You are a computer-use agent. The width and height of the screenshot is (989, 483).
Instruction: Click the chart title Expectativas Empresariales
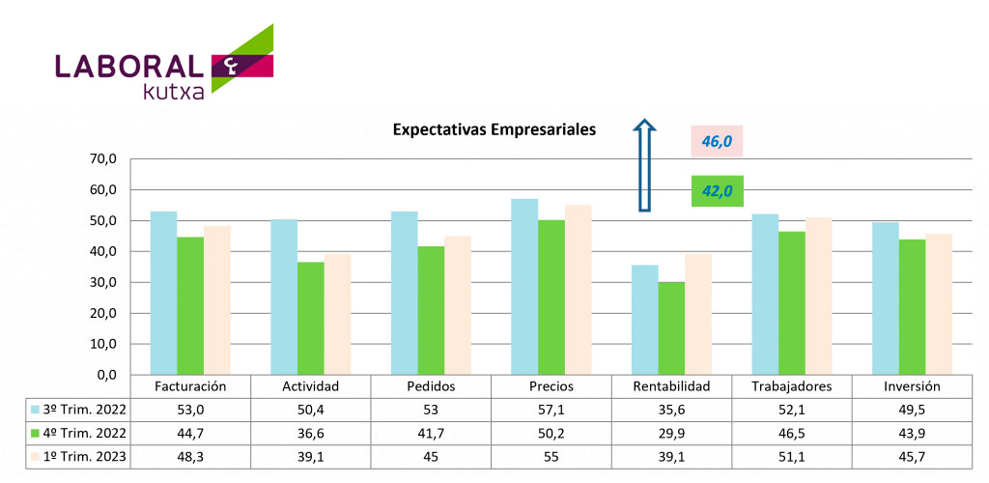tap(494, 129)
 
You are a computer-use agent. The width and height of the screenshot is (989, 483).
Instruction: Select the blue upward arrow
tap(645, 166)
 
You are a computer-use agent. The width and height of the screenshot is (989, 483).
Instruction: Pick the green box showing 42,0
tap(718, 191)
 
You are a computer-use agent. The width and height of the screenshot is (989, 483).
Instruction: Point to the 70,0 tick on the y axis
tap(102, 159)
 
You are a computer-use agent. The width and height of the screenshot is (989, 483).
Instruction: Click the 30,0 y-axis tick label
tap(102, 283)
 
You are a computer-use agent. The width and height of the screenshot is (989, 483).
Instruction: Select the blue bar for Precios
tap(524, 287)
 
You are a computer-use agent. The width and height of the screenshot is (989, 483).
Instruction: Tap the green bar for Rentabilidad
tap(671, 328)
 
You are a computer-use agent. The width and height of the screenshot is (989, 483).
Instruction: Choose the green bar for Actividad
tap(310, 318)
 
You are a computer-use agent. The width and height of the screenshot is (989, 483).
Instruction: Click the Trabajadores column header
tap(792, 386)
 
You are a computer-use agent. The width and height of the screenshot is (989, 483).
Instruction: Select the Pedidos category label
tap(431, 386)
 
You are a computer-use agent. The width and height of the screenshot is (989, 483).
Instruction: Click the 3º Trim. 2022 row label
tap(80, 409)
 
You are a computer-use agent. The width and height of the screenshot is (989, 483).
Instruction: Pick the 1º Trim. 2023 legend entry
tap(80, 455)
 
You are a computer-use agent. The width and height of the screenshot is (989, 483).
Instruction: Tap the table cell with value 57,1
tap(551, 409)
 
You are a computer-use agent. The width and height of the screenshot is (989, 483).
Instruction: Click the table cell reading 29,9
tap(671, 432)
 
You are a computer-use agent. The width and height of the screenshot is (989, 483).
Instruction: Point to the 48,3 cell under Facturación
tap(190, 455)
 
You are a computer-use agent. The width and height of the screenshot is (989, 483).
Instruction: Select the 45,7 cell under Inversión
tap(912, 455)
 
